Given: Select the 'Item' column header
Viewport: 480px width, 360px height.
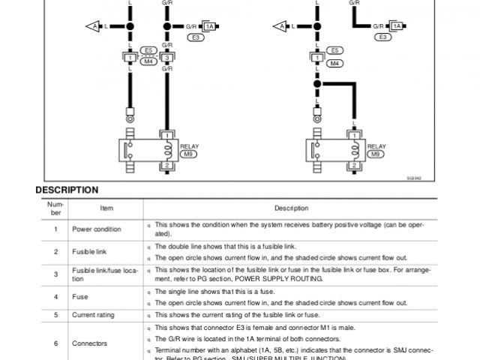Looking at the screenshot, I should pyautogui.click(x=106, y=208).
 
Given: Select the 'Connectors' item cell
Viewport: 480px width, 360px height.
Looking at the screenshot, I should pyautogui.click(x=90, y=343).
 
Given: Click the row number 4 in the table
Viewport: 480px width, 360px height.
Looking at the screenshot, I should pyautogui.click(x=55, y=297).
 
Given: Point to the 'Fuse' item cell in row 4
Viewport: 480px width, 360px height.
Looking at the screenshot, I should pyautogui.click(x=79, y=297).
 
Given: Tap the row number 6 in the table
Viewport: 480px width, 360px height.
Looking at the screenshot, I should pyautogui.click(x=55, y=343).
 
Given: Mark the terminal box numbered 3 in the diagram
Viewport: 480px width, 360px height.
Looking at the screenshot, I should pyautogui.click(x=167, y=57).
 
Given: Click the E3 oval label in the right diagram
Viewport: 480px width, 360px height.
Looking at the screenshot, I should pyautogui.click(x=383, y=36).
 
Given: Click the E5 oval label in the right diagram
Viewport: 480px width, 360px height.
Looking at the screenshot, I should pyautogui.click(x=335, y=50).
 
